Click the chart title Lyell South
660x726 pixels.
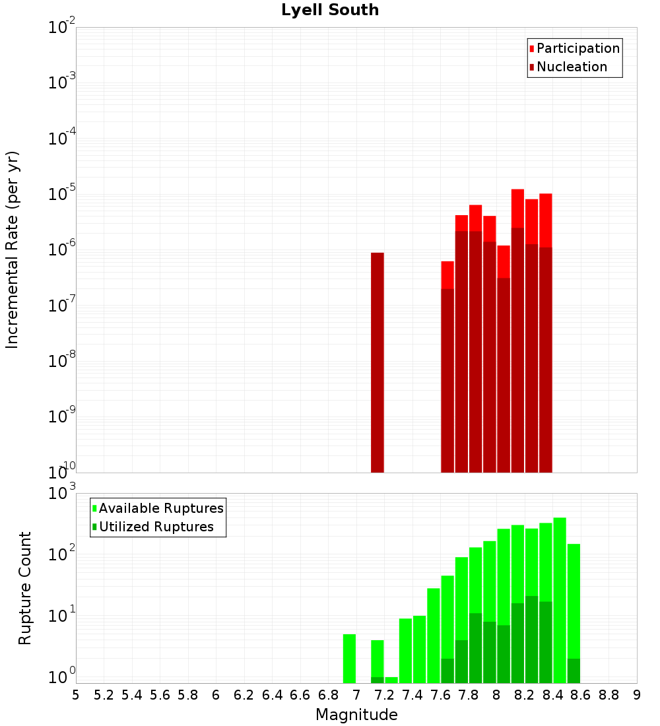tap(330, 10)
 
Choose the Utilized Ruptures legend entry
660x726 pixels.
tap(156, 527)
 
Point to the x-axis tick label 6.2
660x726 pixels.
tap(244, 695)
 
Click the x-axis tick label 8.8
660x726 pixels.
tap(609, 695)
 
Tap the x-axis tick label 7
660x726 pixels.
tap(356, 695)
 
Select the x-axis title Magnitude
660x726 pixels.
tap(356, 715)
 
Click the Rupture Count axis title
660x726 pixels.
tap(25, 588)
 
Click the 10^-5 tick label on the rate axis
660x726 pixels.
tap(62, 194)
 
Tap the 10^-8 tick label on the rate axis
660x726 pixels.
tap(62, 361)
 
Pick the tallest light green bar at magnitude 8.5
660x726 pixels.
tap(560, 601)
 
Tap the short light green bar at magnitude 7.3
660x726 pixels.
tap(391, 680)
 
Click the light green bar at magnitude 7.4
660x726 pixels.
tap(405, 651)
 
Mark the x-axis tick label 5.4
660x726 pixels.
tap(132, 695)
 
